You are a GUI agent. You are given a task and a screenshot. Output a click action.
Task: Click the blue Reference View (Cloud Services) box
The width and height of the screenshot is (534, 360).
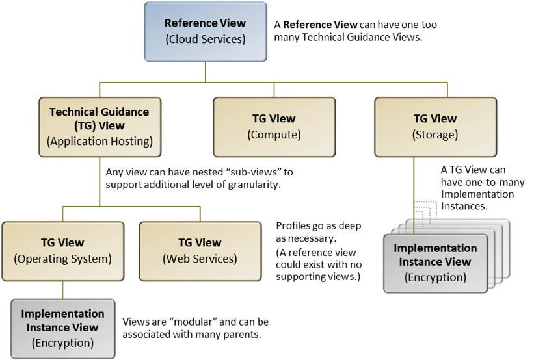(x=206, y=32)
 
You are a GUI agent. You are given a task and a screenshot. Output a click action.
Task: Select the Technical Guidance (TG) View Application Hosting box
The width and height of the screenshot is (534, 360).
(x=100, y=127)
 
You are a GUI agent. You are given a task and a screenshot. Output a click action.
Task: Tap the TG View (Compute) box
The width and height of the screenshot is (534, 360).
(x=274, y=127)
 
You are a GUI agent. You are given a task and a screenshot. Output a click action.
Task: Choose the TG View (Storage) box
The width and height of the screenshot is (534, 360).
(x=435, y=127)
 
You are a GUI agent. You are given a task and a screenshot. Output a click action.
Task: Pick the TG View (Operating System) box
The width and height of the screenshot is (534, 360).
(x=62, y=251)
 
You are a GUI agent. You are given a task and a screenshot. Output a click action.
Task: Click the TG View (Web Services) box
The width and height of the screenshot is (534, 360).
(x=200, y=251)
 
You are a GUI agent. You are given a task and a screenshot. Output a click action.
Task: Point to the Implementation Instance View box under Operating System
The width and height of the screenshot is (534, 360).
(x=62, y=328)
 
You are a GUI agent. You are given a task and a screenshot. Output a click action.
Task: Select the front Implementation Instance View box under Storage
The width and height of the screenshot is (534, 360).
(x=435, y=263)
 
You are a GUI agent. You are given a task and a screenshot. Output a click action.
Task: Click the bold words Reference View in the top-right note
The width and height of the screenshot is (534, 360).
(x=320, y=25)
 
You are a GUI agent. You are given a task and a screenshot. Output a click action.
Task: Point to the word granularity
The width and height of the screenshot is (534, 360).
(x=254, y=185)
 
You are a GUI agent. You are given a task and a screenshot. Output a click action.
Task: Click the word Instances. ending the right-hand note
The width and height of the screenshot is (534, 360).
(x=464, y=206)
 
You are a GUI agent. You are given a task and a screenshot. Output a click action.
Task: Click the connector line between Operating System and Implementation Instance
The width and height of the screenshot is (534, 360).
(x=62, y=290)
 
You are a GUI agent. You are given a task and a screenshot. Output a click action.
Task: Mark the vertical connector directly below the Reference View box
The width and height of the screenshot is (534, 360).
(x=206, y=71)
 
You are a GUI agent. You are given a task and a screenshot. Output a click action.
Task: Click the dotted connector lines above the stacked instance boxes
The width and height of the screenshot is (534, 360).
(x=425, y=212)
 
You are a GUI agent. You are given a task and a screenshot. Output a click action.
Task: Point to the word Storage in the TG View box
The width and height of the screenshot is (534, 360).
(x=435, y=135)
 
